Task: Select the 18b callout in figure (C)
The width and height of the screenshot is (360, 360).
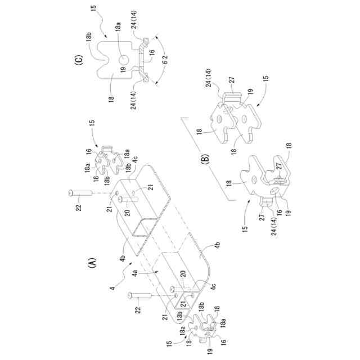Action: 90,39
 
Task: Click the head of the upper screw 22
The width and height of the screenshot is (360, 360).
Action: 70,193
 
